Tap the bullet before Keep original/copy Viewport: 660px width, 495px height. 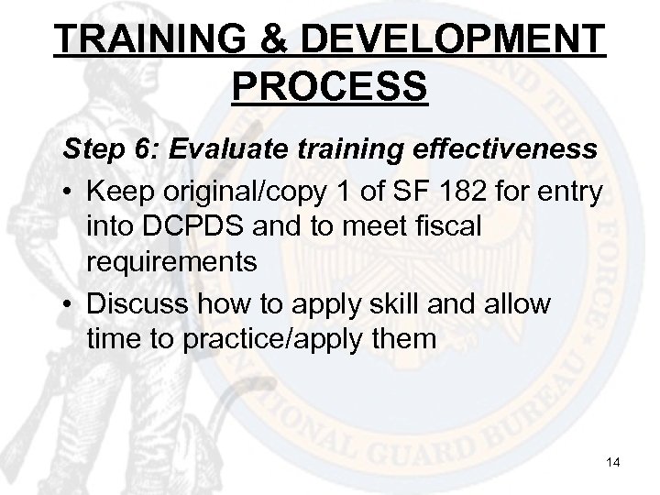click(x=70, y=193)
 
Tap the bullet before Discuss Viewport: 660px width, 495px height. click(x=70, y=303)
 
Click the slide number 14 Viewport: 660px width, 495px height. click(x=612, y=464)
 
